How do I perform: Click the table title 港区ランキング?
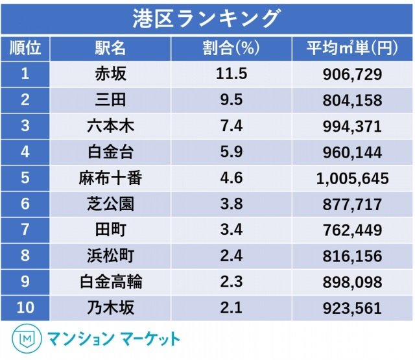pos(207,18)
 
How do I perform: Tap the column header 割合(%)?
pos(231,49)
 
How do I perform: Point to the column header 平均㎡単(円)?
pos(352,49)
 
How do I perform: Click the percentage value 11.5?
pos(231,74)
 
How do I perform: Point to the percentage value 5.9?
pos(231,152)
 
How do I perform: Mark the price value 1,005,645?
pos(352,178)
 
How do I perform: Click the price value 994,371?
pos(352,126)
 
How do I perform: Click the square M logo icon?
pos(27,339)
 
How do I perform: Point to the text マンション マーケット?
pos(114,339)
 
